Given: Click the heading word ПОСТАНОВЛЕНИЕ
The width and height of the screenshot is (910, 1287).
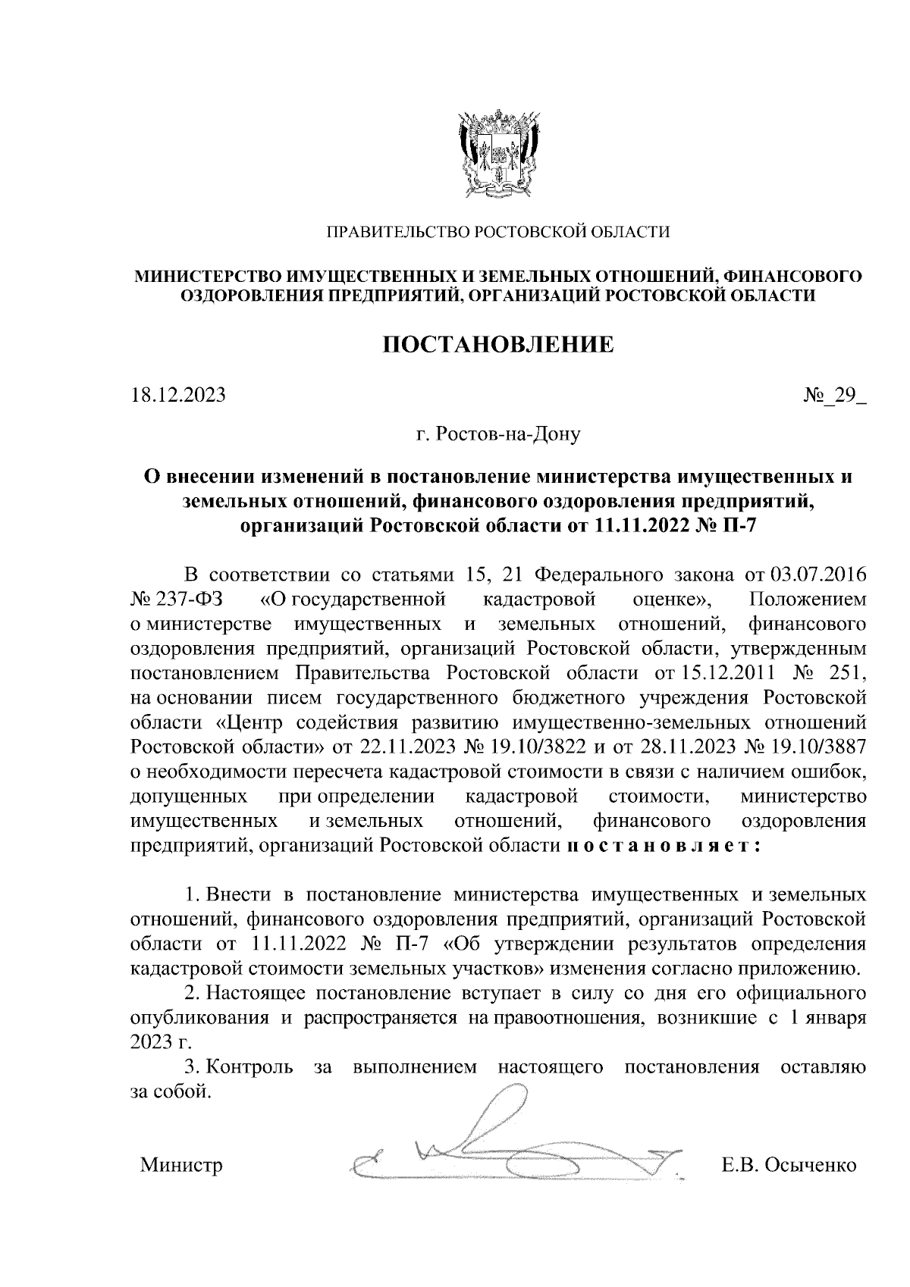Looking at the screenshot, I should [497, 346].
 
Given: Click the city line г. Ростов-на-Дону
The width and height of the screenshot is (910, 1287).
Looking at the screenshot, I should [497, 436].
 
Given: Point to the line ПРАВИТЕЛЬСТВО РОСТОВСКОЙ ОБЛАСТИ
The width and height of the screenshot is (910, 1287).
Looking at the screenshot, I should [497, 232].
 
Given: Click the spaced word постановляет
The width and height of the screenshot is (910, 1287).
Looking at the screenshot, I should [664, 845].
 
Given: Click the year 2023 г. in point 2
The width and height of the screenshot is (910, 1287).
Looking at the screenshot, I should [157, 1042].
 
